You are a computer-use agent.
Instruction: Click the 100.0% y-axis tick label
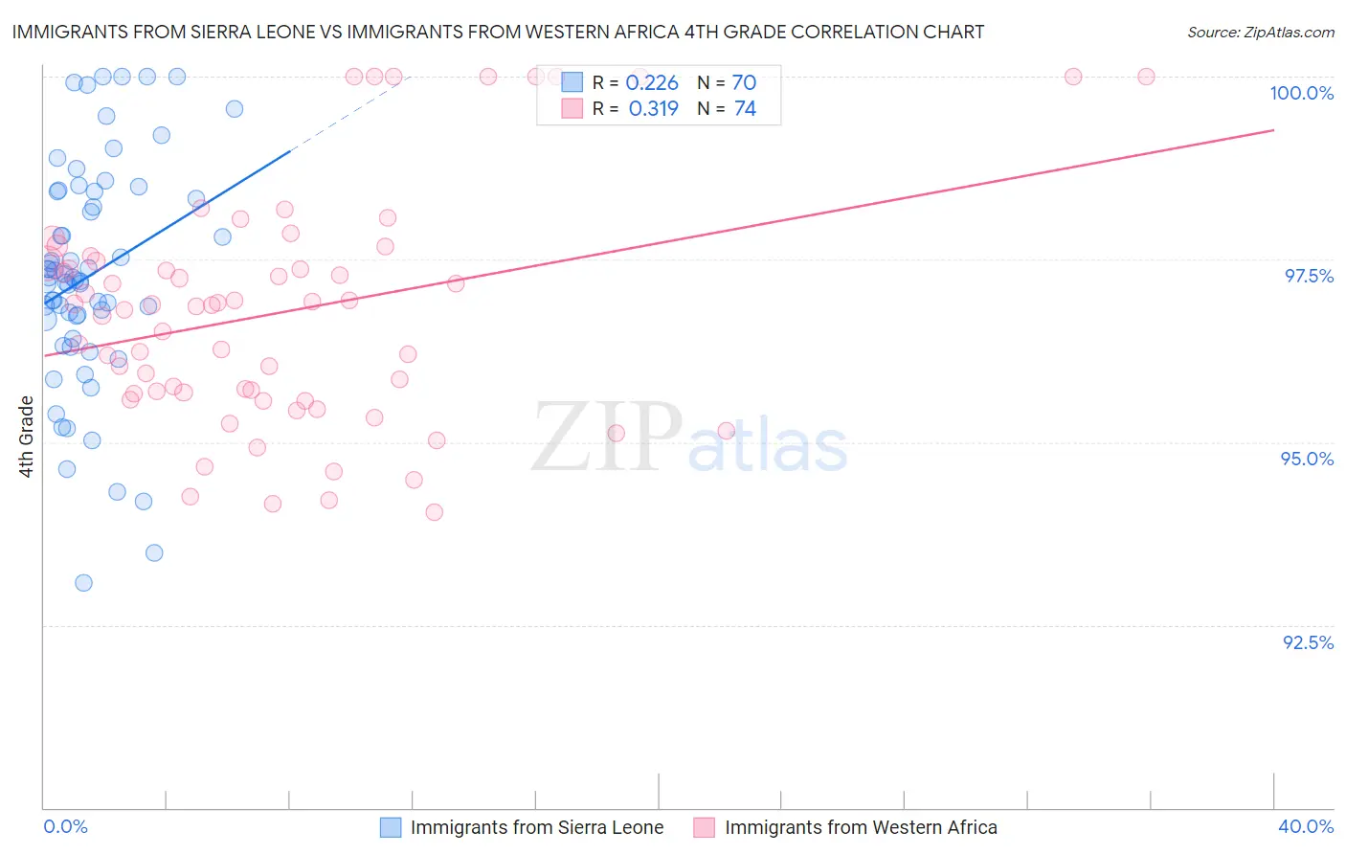1301,93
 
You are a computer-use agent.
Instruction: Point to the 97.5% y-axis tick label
1308,276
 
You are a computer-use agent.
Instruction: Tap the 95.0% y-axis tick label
1307,459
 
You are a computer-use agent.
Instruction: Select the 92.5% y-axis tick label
1308,642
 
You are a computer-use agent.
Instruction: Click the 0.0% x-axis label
65,826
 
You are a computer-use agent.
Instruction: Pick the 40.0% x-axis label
1305,826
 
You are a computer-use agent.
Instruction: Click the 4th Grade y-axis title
27,437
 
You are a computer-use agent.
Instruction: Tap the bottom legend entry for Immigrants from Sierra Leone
536,827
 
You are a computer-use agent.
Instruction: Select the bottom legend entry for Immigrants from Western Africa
860,827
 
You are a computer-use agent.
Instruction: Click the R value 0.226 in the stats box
652,83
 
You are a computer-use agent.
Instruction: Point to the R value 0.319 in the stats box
653,109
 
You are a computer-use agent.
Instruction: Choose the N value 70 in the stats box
744,83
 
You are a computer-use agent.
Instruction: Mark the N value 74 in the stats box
745,109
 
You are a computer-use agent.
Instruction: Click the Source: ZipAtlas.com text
1260,33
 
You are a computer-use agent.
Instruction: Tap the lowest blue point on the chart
83,583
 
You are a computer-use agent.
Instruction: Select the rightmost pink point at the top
1146,77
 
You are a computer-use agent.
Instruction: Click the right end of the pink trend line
1273,129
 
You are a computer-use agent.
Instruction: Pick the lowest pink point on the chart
434,512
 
